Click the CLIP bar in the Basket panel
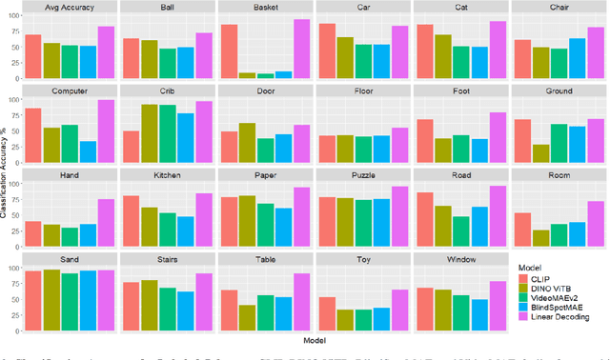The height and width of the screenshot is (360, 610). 229,50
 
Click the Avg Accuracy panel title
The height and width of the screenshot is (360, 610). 71,8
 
